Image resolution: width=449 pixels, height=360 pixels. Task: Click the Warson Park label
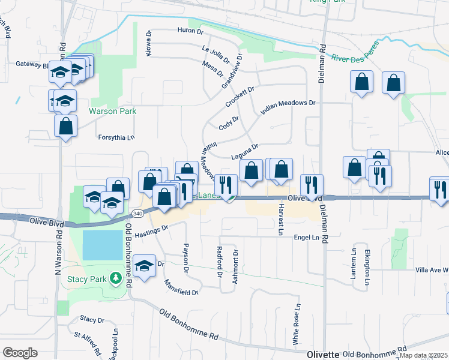click(x=113, y=111)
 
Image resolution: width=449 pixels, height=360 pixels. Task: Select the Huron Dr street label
click(x=191, y=30)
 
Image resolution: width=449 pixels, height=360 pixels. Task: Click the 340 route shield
click(x=137, y=213)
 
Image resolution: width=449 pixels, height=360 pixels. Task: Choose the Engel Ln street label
click(x=306, y=238)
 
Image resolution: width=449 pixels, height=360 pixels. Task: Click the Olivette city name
click(x=324, y=354)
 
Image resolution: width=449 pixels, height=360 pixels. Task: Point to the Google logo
click(x=20, y=353)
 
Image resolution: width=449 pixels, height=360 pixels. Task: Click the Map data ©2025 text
click(x=423, y=356)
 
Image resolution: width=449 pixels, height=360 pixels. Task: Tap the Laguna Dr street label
click(x=244, y=152)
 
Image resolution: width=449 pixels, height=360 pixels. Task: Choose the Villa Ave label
click(x=431, y=271)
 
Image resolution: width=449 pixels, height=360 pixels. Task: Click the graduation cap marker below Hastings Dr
click(x=144, y=265)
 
